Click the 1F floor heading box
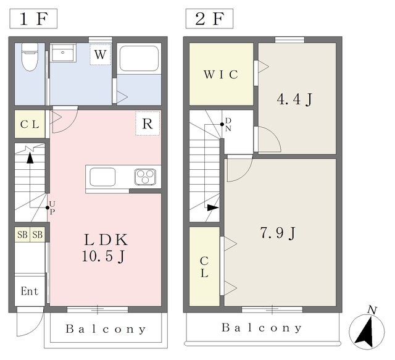(33, 19)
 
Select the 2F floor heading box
(209, 19)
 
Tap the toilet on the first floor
(30, 57)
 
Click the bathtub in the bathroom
(139, 59)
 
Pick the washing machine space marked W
(100, 54)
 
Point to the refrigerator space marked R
(148, 123)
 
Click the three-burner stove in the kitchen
(145, 177)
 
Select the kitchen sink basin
(102, 177)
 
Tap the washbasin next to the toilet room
(63, 52)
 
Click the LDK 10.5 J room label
(106, 248)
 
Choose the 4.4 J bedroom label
(294, 99)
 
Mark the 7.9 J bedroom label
(277, 233)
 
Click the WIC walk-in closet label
(221, 74)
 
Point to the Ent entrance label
(30, 291)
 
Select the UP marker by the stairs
(51, 207)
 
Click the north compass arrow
(365, 332)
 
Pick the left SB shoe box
(22, 235)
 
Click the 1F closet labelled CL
(30, 124)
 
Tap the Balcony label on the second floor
(262, 328)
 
